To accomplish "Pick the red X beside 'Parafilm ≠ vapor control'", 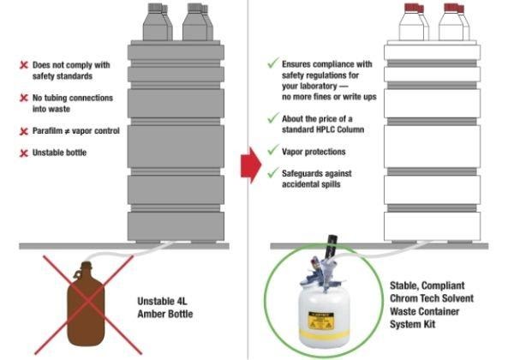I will pos(24,131).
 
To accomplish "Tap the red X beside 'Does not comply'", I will pos(24,64).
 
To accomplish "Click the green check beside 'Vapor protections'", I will pos(273,150).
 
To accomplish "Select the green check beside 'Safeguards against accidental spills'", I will pos(273,172).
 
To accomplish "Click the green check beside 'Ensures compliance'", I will pos(273,63).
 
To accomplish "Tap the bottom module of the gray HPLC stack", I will pos(175,226).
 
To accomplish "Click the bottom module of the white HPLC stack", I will pos(432,226).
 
